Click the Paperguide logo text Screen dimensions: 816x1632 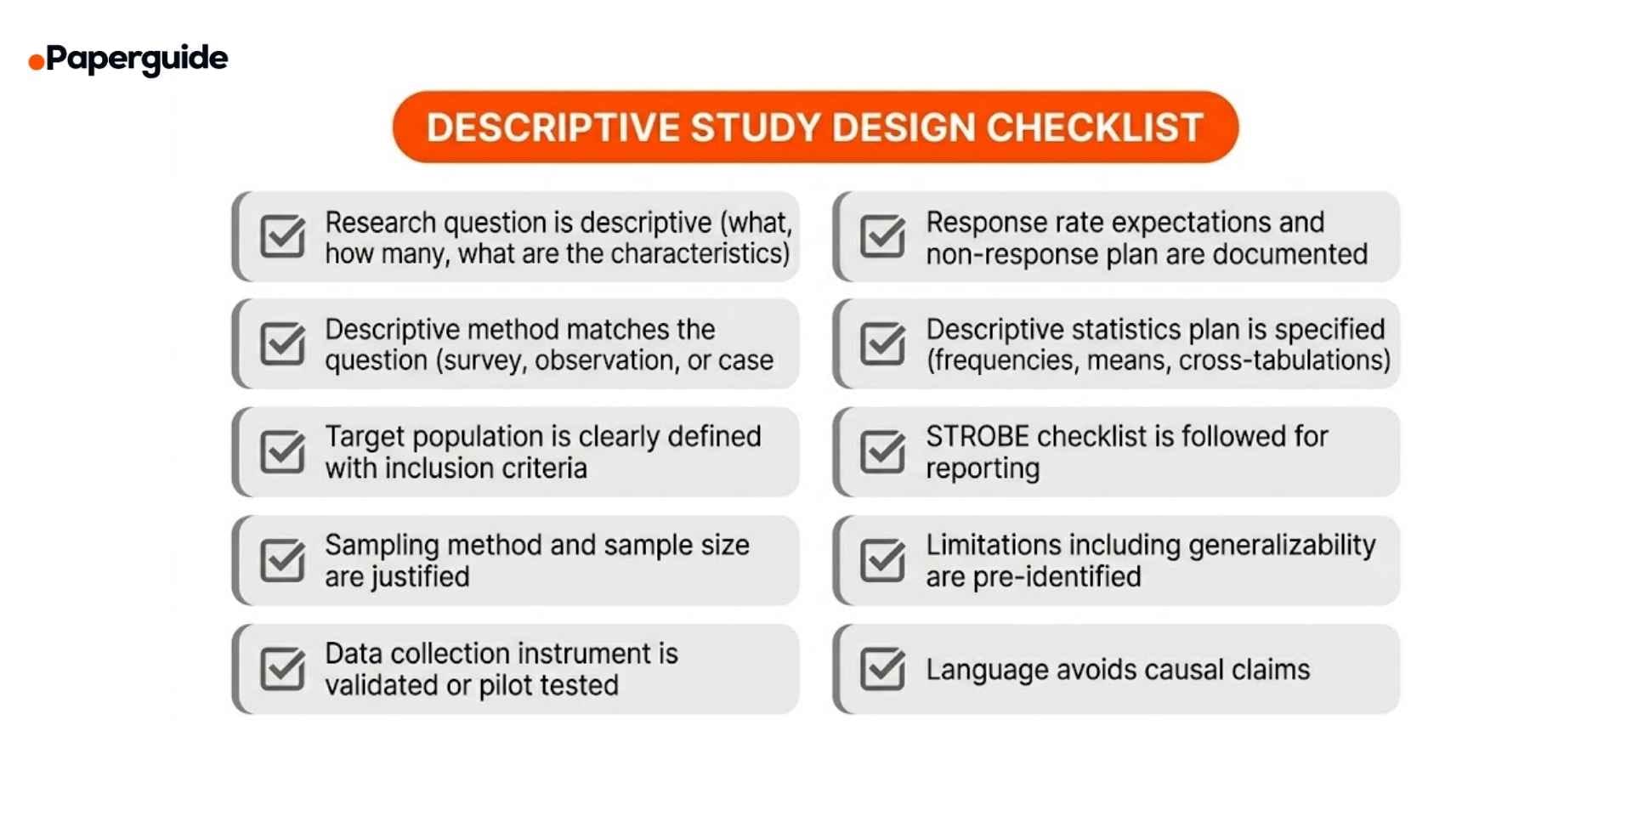pos(137,59)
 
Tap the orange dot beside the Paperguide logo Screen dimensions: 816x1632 pos(36,62)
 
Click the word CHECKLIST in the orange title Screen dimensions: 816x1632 pos(1094,127)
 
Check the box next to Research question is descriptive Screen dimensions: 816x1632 pos(282,236)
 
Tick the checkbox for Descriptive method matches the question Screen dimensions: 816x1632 pos(282,344)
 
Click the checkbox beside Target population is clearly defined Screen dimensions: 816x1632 pos(282,452)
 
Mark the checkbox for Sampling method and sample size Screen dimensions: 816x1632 pos(282,560)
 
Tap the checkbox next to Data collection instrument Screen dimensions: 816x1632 pos(282,669)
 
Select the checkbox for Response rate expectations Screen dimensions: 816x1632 pos(882,236)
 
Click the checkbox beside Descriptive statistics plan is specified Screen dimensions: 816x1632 pos(882,344)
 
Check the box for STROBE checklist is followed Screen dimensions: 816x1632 pos(882,452)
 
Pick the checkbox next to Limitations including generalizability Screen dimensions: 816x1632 pos(882,560)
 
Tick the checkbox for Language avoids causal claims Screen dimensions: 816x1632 pos(882,669)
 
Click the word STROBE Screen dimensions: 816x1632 pos(977,437)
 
